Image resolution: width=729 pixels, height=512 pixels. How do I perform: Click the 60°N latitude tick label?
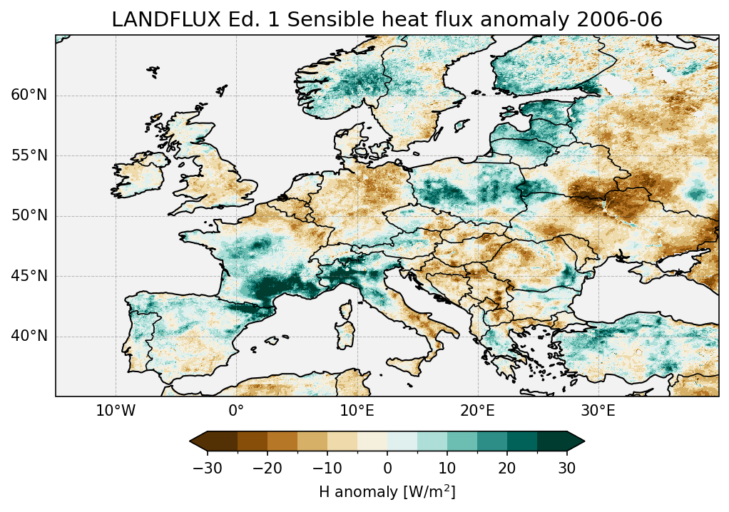pyautogui.click(x=29, y=96)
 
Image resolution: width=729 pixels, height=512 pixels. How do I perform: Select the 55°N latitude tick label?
pyautogui.click(x=29, y=155)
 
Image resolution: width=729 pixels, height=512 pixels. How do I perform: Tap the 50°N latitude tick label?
pyautogui.click(x=29, y=216)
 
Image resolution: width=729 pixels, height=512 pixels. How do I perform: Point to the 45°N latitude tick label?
pyautogui.click(x=29, y=276)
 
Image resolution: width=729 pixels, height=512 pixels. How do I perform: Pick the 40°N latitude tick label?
pyautogui.click(x=29, y=336)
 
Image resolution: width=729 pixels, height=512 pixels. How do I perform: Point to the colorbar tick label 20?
pyautogui.click(x=507, y=469)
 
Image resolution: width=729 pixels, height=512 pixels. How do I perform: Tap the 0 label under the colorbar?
pyautogui.click(x=387, y=469)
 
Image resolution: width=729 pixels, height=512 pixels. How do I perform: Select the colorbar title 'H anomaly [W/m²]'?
pyautogui.click(x=387, y=492)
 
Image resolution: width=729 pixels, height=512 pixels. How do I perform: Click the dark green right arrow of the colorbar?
pyautogui.click(x=576, y=442)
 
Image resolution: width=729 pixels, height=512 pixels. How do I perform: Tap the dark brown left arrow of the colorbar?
pyautogui.click(x=198, y=442)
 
